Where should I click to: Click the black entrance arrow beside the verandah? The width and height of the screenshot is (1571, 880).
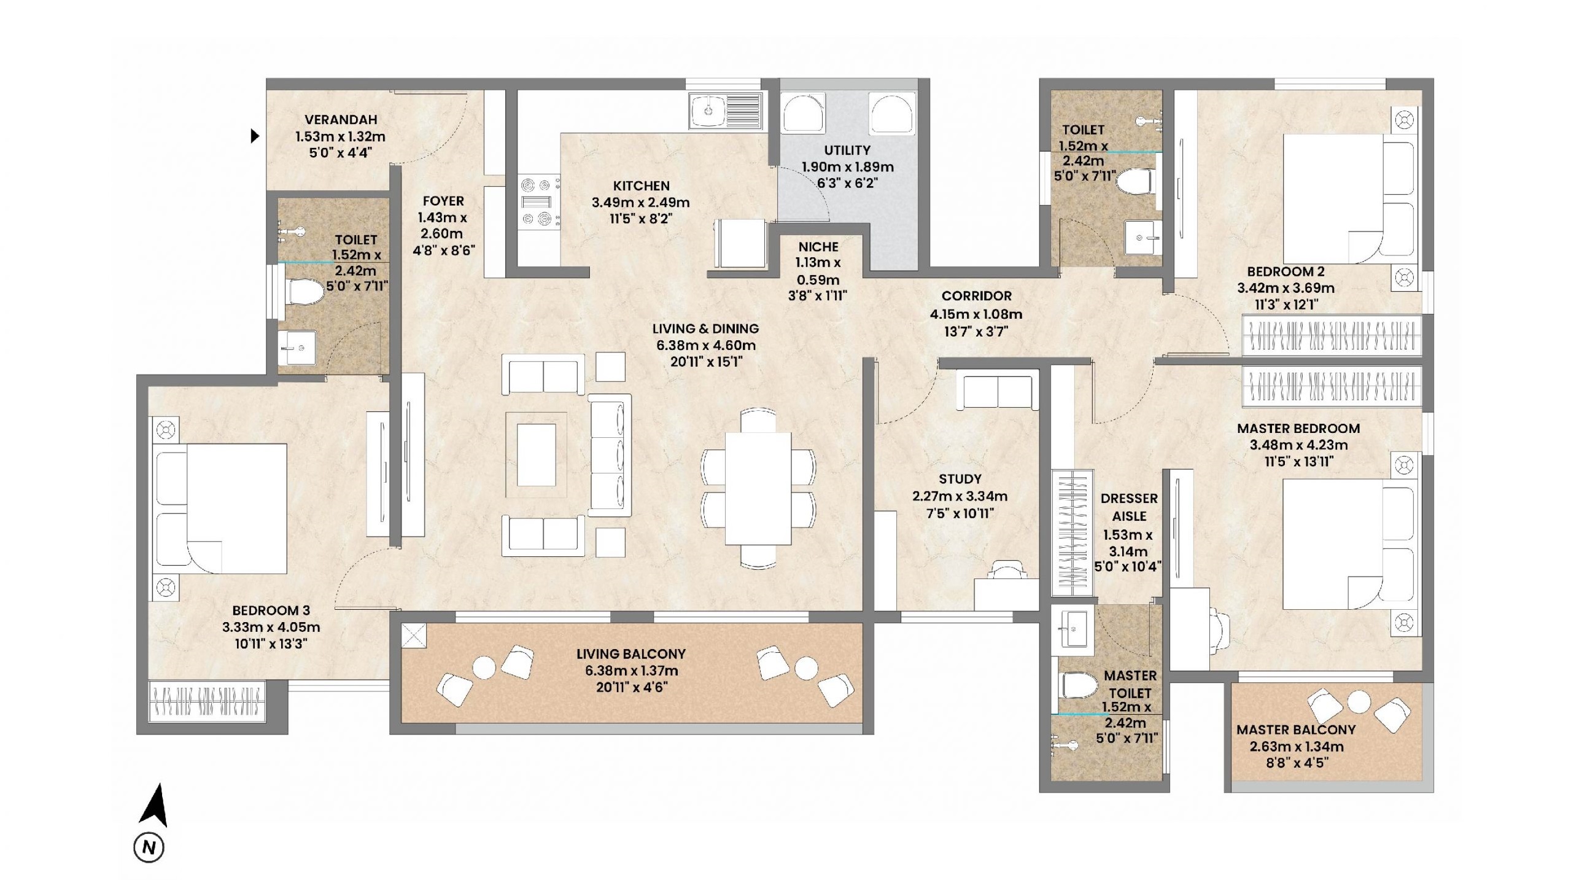[255, 136]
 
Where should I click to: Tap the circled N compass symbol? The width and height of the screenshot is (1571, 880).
[149, 847]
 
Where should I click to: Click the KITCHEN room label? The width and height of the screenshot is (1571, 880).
[641, 185]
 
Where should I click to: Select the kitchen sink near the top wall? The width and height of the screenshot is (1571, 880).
[726, 111]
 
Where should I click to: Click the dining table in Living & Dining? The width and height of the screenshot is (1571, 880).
[758, 488]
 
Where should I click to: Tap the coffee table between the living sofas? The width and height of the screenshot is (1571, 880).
[536, 454]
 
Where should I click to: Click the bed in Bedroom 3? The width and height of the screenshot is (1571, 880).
[220, 508]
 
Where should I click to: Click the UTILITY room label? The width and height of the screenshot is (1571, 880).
[847, 150]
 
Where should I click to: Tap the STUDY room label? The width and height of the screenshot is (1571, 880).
[960, 479]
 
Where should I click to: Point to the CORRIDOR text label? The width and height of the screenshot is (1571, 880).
[976, 296]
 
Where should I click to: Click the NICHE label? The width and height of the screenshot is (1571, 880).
[818, 247]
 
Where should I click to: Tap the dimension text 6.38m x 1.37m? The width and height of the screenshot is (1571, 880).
[632, 671]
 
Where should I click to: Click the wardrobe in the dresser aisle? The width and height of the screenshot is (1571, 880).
[1073, 533]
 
